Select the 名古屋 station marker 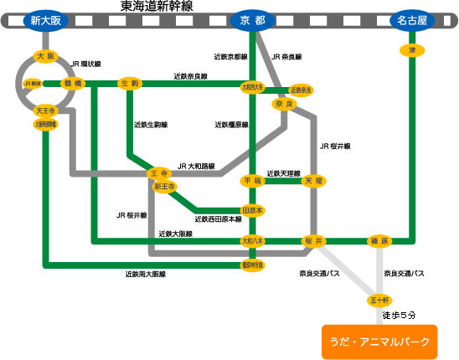[412, 21]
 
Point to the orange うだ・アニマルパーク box [379, 342]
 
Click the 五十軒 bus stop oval [379, 299]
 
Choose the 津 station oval [412, 50]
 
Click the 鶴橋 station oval [74, 84]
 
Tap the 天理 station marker [313, 180]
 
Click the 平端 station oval [252, 180]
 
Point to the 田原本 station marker [252, 210]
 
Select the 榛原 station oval [379, 241]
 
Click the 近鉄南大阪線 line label [146, 274]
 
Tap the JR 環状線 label [86, 63]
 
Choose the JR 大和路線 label [197, 166]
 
